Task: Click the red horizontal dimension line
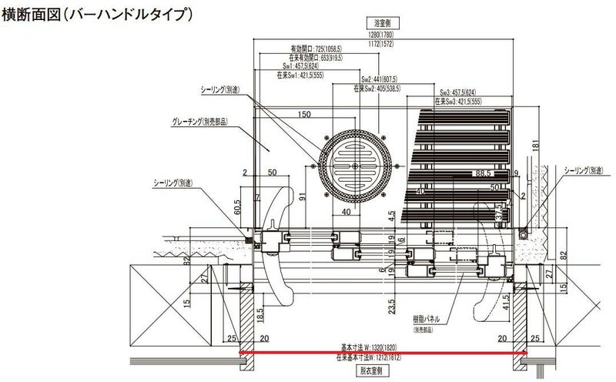[383, 353]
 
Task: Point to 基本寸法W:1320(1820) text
[382, 346]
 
